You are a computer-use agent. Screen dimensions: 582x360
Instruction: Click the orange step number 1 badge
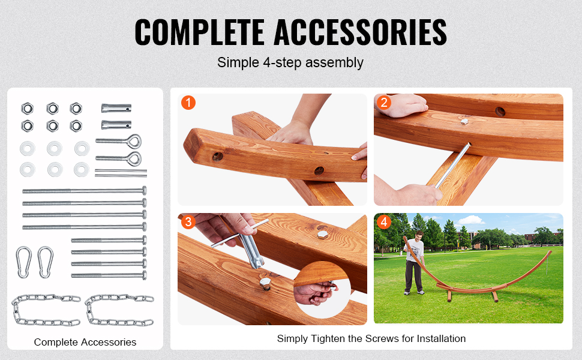click(x=188, y=103)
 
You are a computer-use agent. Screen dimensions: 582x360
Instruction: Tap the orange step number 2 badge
click(x=384, y=102)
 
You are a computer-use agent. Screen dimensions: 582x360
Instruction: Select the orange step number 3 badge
click(x=188, y=222)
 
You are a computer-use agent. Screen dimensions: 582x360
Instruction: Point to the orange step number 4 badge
click(x=384, y=222)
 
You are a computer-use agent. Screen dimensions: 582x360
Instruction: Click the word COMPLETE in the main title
click(x=199, y=32)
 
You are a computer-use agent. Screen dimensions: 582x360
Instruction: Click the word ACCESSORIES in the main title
click(x=361, y=32)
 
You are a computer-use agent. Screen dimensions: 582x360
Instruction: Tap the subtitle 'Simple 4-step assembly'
click(x=290, y=63)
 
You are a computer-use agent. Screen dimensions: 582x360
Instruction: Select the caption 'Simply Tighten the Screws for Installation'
click(x=371, y=338)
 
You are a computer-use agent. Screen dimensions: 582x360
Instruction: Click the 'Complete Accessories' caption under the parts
click(x=85, y=342)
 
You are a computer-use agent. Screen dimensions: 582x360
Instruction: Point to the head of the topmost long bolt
click(x=145, y=191)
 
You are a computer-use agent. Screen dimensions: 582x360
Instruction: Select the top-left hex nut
click(x=27, y=109)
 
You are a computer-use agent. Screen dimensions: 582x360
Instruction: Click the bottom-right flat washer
click(x=82, y=170)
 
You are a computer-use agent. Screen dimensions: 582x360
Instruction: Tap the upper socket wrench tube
click(x=116, y=109)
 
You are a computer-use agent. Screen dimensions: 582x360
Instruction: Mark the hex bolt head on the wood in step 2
click(x=464, y=121)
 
